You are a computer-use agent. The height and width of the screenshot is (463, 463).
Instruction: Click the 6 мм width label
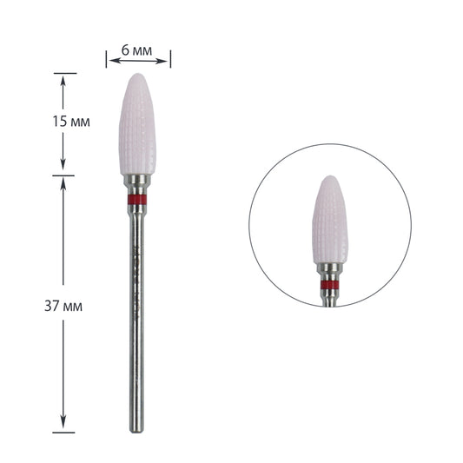click(x=136, y=50)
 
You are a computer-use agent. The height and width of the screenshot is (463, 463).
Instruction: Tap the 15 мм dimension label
click(x=71, y=122)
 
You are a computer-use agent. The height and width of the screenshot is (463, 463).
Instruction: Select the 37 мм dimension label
click(x=63, y=306)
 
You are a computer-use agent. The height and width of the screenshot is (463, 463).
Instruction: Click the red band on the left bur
click(x=137, y=200)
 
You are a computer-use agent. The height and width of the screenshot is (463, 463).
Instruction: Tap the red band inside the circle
click(x=329, y=285)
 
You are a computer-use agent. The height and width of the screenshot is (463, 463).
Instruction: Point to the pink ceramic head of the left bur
click(x=137, y=124)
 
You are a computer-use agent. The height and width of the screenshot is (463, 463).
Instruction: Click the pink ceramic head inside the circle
click(x=330, y=220)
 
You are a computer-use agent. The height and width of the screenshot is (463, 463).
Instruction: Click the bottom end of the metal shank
click(x=136, y=431)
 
